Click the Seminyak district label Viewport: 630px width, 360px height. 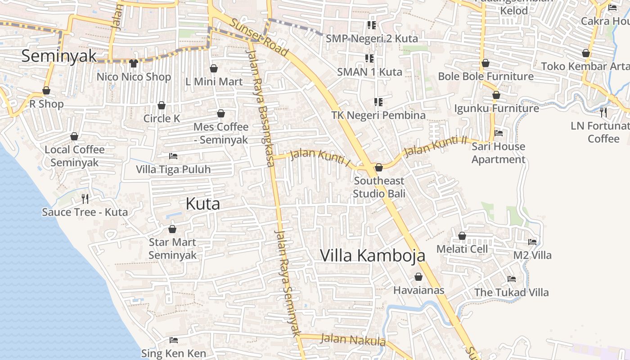point(59,56)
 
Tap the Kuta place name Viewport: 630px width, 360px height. point(203,204)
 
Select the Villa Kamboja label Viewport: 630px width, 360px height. point(373,256)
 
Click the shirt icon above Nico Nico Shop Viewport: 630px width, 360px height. point(133,63)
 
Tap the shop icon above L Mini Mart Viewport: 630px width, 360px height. point(214,68)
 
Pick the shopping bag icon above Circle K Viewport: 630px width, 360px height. point(162,105)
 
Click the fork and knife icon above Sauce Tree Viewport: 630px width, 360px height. point(85,198)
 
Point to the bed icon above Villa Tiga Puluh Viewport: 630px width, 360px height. point(173,156)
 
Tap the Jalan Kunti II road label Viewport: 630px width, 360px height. point(436,147)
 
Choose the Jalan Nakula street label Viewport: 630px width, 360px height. point(353,340)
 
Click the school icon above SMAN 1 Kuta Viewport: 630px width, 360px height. point(369,58)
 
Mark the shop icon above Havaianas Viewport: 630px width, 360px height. point(418,277)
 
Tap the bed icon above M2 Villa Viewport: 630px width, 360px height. point(532,242)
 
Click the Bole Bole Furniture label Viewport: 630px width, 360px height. point(486,76)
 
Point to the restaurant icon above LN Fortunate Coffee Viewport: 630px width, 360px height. point(603,112)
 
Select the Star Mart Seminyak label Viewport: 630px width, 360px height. point(172,248)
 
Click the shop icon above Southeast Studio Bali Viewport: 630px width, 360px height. point(379,167)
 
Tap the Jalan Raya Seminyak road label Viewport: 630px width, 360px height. point(287,283)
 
